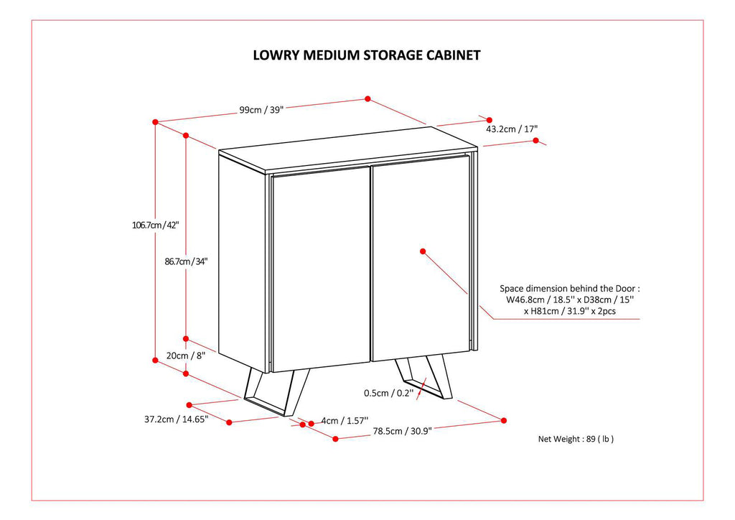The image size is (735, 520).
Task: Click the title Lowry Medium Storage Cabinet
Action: point(367,55)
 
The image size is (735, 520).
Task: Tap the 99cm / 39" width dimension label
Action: point(261,110)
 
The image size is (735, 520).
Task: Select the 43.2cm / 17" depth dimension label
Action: point(512,129)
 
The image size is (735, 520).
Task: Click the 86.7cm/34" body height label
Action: point(186,262)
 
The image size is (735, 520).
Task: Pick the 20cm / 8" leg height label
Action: point(186,356)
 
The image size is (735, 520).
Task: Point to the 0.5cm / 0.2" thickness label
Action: point(388,393)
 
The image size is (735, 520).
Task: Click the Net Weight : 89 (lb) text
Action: point(576,439)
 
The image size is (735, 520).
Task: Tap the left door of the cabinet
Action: point(321,269)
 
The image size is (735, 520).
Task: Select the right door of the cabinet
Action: point(420,262)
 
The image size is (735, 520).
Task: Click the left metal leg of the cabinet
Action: point(276,391)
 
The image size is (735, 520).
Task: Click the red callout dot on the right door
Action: point(423,251)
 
